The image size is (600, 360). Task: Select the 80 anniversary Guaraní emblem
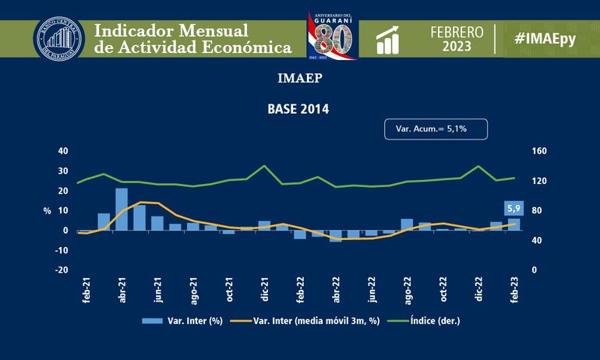(x=332, y=36)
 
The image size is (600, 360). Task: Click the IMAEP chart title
(x=299, y=79)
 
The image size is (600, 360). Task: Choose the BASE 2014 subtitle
(x=299, y=110)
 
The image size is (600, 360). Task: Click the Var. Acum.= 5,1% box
(x=436, y=129)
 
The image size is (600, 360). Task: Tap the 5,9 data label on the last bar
(x=514, y=209)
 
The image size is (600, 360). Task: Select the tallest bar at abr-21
(x=122, y=209)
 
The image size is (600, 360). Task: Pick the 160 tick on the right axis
(x=539, y=151)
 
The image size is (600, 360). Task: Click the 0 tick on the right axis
(x=533, y=270)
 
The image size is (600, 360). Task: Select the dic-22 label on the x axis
(x=478, y=290)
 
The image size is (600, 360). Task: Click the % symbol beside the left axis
(x=47, y=211)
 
